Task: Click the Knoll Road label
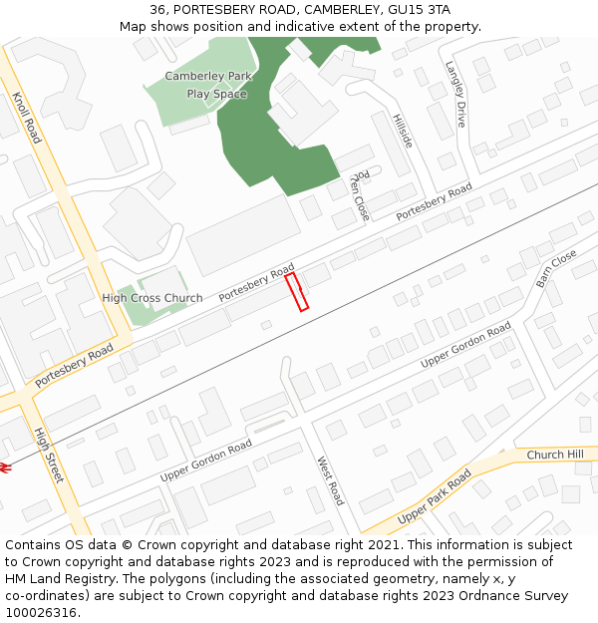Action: (27, 119)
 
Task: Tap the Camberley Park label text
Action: (208, 76)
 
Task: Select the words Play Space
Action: (216, 94)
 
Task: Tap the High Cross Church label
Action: (152, 298)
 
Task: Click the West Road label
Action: (330, 480)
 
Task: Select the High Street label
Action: (48, 456)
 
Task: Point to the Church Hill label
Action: (555, 455)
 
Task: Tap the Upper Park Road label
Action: (434, 497)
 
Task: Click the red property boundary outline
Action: (297, 292)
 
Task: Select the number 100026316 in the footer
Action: (42, 613)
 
